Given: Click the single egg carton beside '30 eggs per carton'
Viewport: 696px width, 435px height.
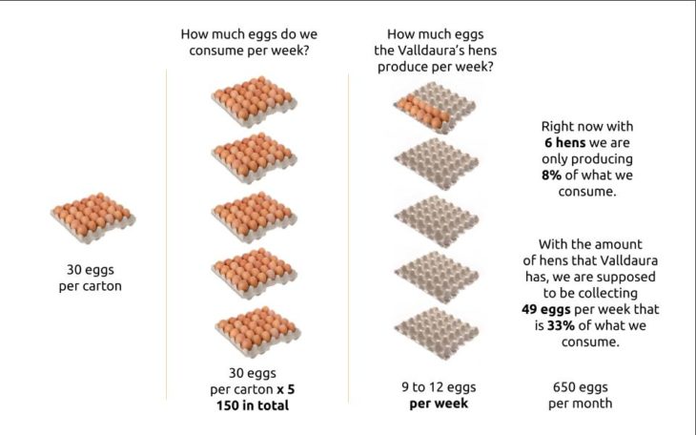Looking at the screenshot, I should coord(92,217).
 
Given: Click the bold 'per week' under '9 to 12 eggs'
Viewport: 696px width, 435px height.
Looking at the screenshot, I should coord(438,404).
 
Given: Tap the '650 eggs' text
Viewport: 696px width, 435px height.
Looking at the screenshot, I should coord(580,387).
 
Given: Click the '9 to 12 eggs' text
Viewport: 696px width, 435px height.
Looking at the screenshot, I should coord(438,387).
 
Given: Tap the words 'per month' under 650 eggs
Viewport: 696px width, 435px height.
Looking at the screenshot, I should coord(580,404).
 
